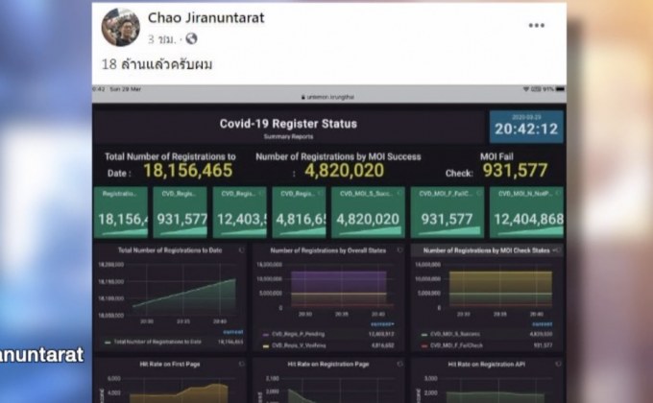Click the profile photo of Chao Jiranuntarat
(120, 27)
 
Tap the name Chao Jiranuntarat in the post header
(206, 18)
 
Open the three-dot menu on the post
(536, 25)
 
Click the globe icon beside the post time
(190, 39)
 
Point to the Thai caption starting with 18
(157, 64)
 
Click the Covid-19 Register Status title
(288, 124)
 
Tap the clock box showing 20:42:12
(526, 127)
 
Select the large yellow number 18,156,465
(188, 171)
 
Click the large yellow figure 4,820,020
(344, 171)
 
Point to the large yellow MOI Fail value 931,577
(515, 171)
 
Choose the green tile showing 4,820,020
(366, 212)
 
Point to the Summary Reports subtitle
(288, 136)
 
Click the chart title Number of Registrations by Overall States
(327, 250)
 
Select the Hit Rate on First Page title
(169, 365)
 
